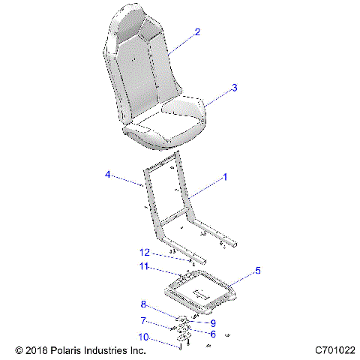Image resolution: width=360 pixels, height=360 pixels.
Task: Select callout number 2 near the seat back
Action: coord(197,32)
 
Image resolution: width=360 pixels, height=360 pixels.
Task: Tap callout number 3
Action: coord(235,88)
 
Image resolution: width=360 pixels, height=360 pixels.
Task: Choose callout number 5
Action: coord(259,270)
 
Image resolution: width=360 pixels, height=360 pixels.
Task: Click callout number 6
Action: coord(212,334)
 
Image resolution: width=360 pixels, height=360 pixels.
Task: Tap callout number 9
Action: coord(213,323)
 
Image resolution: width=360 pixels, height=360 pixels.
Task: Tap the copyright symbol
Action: coord(19,350)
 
